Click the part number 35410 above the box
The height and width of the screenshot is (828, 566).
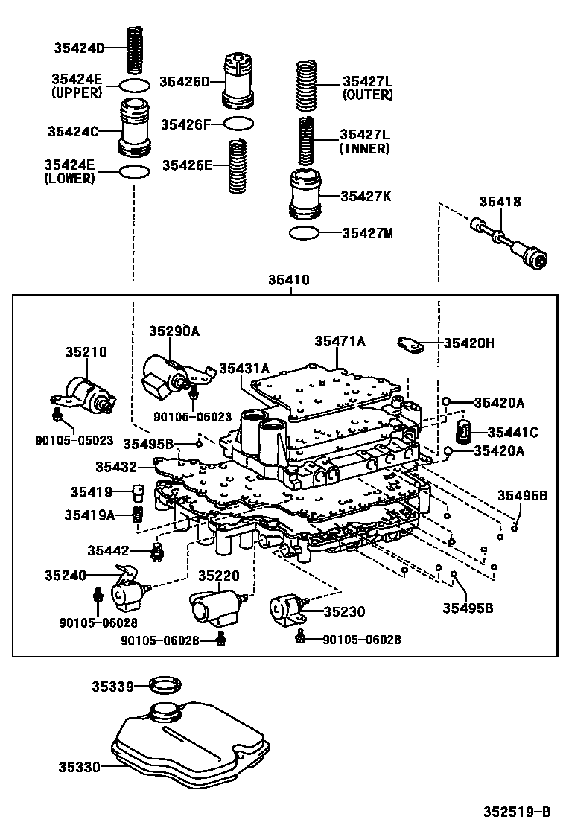click(289, 281)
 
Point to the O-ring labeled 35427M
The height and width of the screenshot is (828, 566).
click(305, 233)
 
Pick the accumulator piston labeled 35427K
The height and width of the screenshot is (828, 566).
click(305, 195)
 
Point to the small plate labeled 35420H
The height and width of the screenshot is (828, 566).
click(409, 343)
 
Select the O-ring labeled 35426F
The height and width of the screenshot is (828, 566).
click(238, 124)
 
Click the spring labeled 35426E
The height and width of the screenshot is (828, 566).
click(238, 165)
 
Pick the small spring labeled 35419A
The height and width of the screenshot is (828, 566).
click(137, 515)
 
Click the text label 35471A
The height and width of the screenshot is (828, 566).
click(340, 341)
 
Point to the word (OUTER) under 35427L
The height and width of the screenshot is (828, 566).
click(367, 95)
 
